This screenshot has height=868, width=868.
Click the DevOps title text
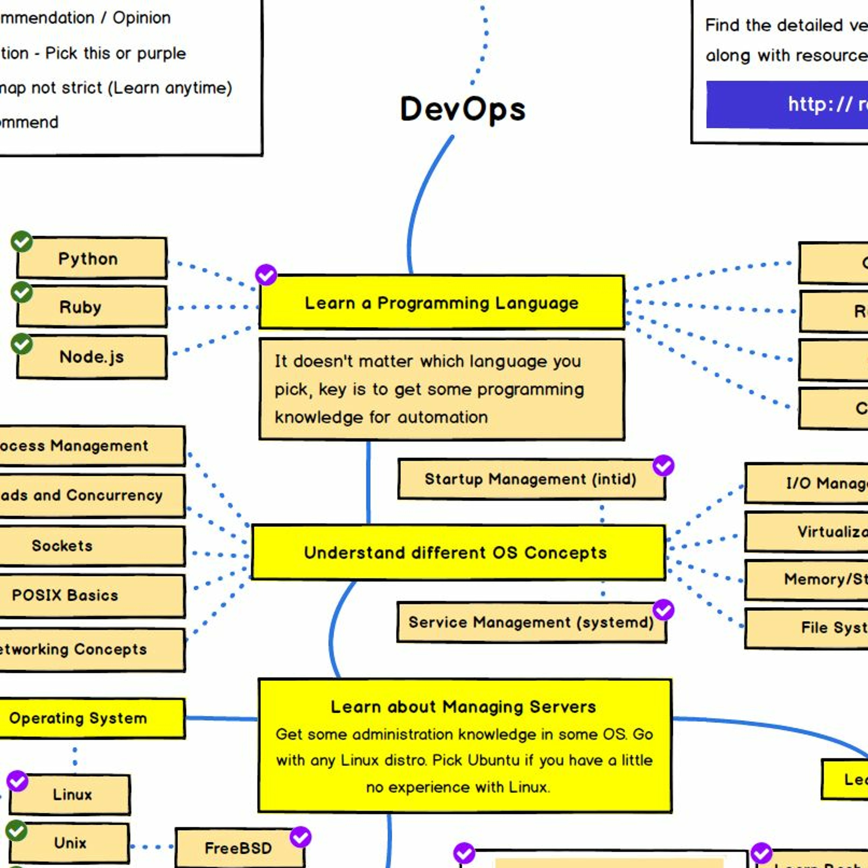click(x=462, y=109)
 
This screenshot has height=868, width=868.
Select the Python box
click(x=92, y=258)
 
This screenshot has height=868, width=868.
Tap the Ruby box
click(x=92, y=307)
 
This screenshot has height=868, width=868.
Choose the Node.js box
click(x=92, y=357)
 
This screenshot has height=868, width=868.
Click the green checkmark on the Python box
click(x=22, y=242)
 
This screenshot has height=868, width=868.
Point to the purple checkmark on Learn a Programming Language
click(x=266, y=275)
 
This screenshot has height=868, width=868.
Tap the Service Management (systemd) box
click(x=531, y=623)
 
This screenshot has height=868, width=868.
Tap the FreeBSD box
click(x=239, y=848)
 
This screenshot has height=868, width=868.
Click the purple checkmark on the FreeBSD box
click(x=300, y=836)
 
